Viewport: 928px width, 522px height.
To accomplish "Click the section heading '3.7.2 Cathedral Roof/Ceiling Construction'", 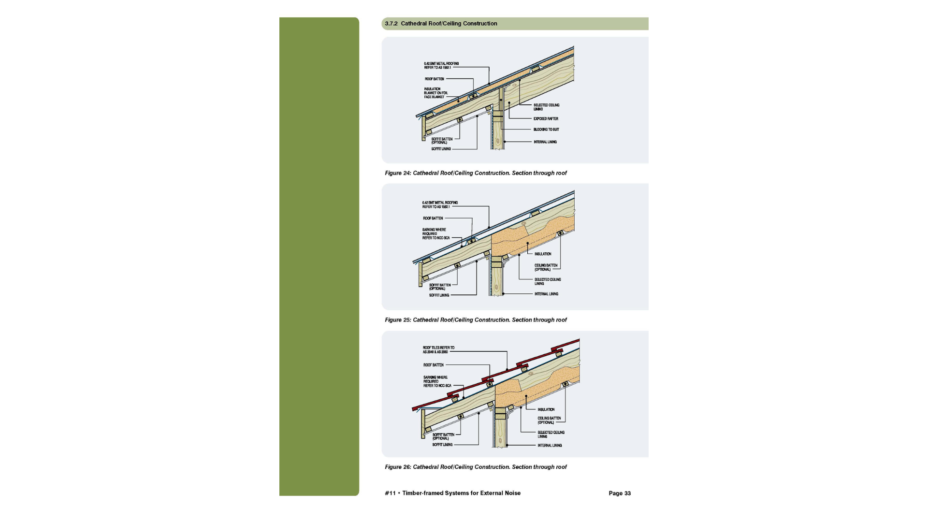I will (441, 24).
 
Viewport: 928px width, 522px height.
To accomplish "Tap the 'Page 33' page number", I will (619, 493).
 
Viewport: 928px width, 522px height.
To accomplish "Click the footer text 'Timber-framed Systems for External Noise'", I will (461, 493).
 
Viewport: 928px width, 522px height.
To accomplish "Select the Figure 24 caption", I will (476, 173).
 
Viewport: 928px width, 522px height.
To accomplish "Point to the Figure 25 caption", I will (476, 320).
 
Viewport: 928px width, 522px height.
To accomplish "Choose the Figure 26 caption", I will (476, 467).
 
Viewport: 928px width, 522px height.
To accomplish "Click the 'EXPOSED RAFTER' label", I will (546, 119).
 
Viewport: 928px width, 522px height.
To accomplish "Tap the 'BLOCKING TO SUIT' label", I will (546, 130).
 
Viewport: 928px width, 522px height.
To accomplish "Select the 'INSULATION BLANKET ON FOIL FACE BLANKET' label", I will (435, 93).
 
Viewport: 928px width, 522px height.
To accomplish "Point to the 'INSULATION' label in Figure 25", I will (543, 254).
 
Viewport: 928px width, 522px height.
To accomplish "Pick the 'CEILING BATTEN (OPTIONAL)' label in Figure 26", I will (549, 420).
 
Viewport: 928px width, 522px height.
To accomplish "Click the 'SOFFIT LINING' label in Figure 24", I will (441, 149).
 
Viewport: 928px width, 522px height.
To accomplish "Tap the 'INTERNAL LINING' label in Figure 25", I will (546, 294).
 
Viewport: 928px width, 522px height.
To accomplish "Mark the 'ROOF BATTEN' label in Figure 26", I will (433, 365).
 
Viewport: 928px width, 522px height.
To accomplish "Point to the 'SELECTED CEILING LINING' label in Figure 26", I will (551, 435).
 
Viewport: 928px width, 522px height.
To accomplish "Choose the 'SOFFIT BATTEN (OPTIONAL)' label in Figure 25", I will (439, 287).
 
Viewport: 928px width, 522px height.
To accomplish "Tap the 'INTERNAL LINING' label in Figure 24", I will (545, 142).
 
